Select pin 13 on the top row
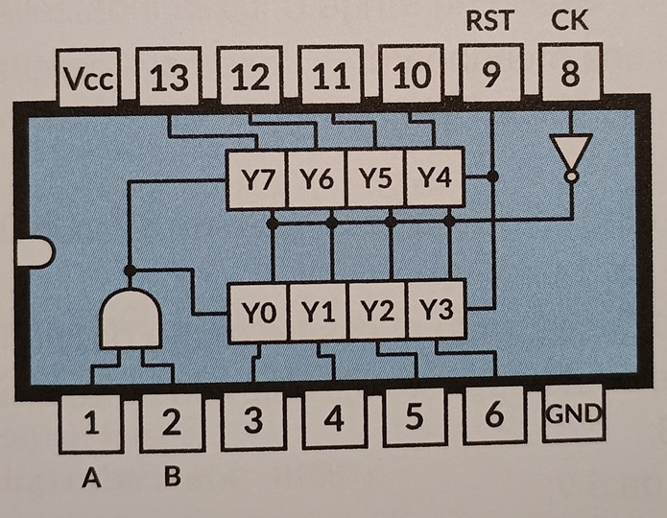tap(170, 78)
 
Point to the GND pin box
tap(574, 415)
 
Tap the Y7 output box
tap(255, 179)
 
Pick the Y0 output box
tap(258, 312)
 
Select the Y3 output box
tap(437, 310)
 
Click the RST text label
tap(490, 20)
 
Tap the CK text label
tap(571, 20)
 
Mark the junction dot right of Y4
tap(492, 177)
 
